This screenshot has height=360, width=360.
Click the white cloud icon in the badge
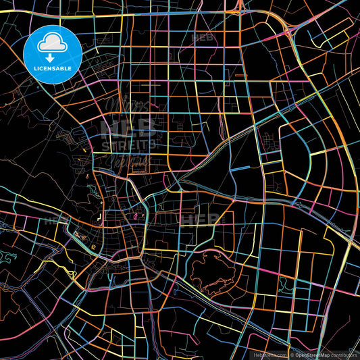[53, 43]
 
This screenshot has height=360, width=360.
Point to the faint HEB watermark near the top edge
[203, 38]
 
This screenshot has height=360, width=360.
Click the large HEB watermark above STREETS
[130, 126]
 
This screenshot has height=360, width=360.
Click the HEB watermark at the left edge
[53, 220]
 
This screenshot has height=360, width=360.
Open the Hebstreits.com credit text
[271, 355]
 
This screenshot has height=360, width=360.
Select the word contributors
[344, 355]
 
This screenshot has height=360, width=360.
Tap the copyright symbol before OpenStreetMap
[292, 355]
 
